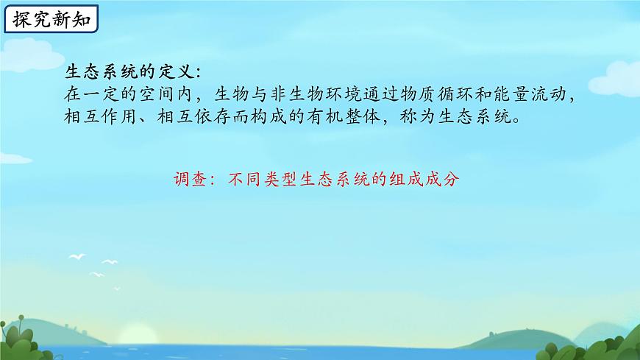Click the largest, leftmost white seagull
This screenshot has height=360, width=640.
[77, 257]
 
